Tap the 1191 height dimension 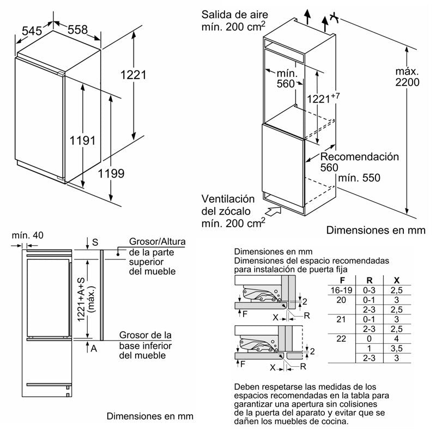coord(82,140)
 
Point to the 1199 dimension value coord(112,174)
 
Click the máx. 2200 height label coord(408,77)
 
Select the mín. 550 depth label coord(359,178)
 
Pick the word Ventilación coord(228,199)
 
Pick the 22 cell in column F coord(342,338)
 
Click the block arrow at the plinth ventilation coord(272,208)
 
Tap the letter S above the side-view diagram coord(95,241)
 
